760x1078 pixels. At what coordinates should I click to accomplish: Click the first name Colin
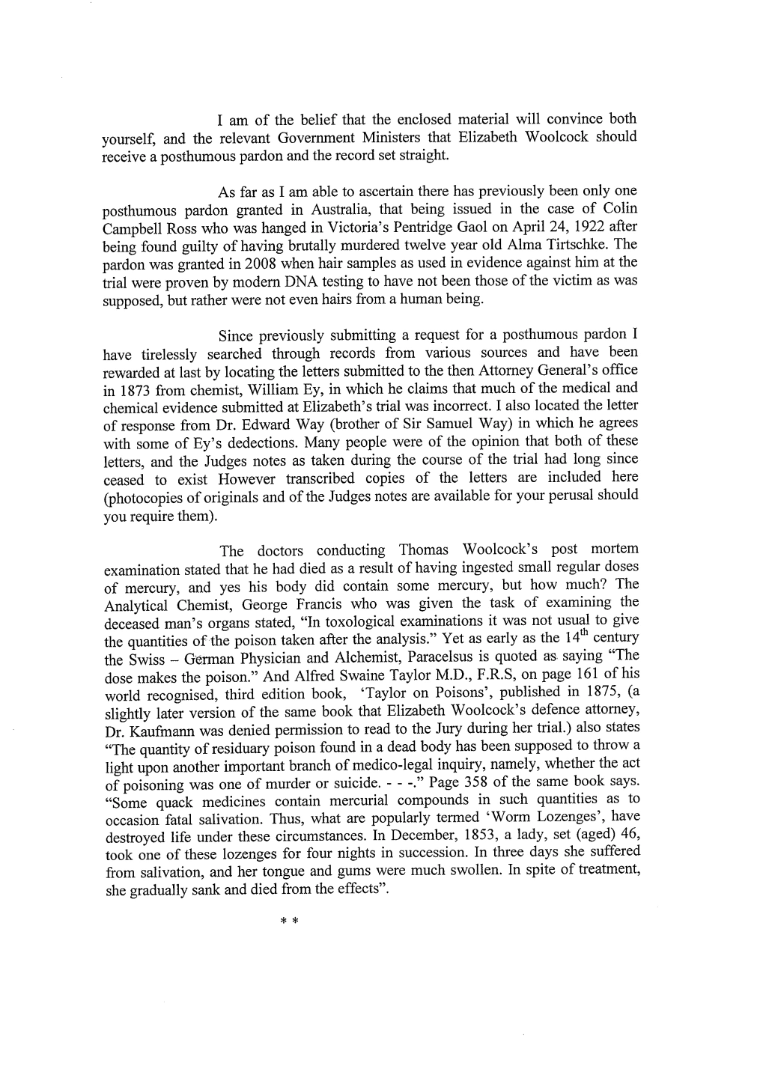click(x=619, y=209)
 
